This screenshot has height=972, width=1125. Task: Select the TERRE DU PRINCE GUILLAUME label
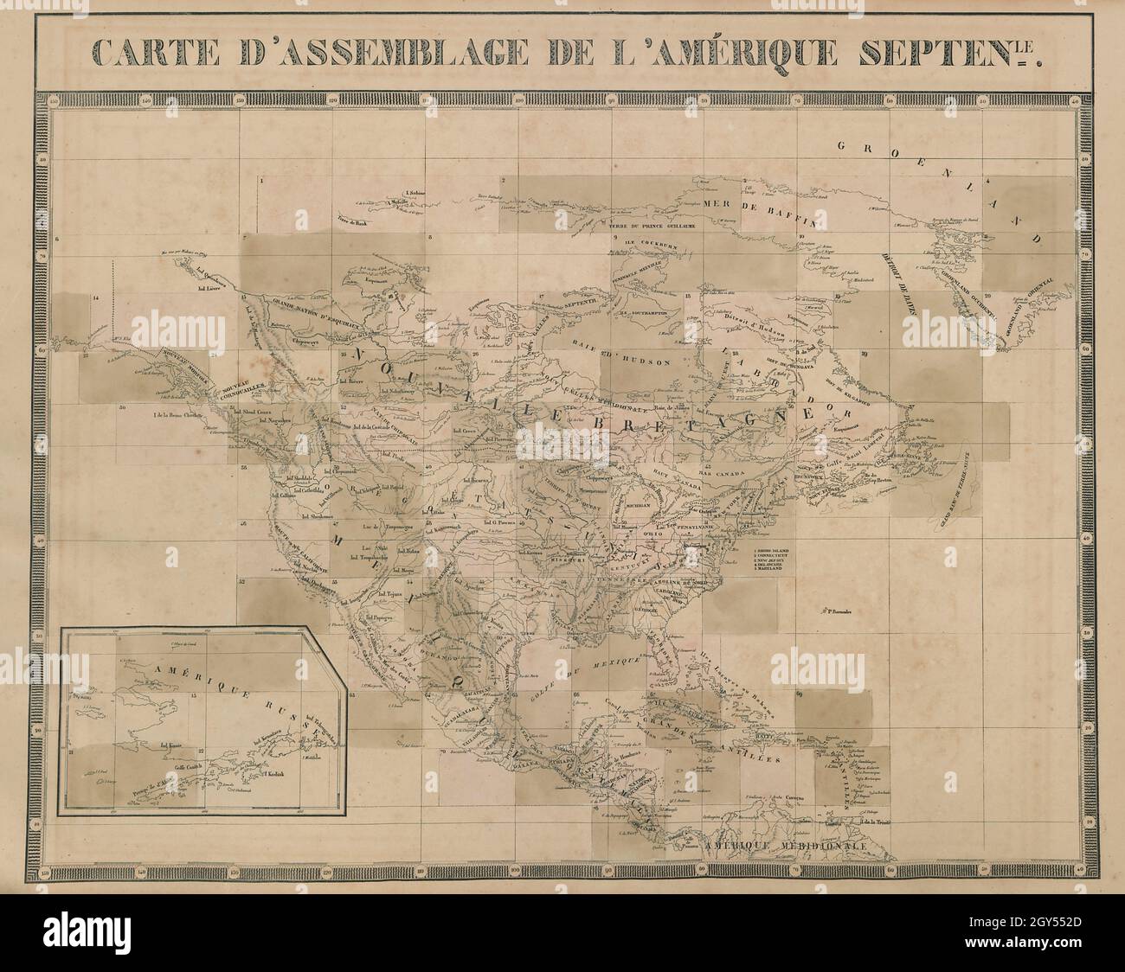[x=643, y=227]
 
